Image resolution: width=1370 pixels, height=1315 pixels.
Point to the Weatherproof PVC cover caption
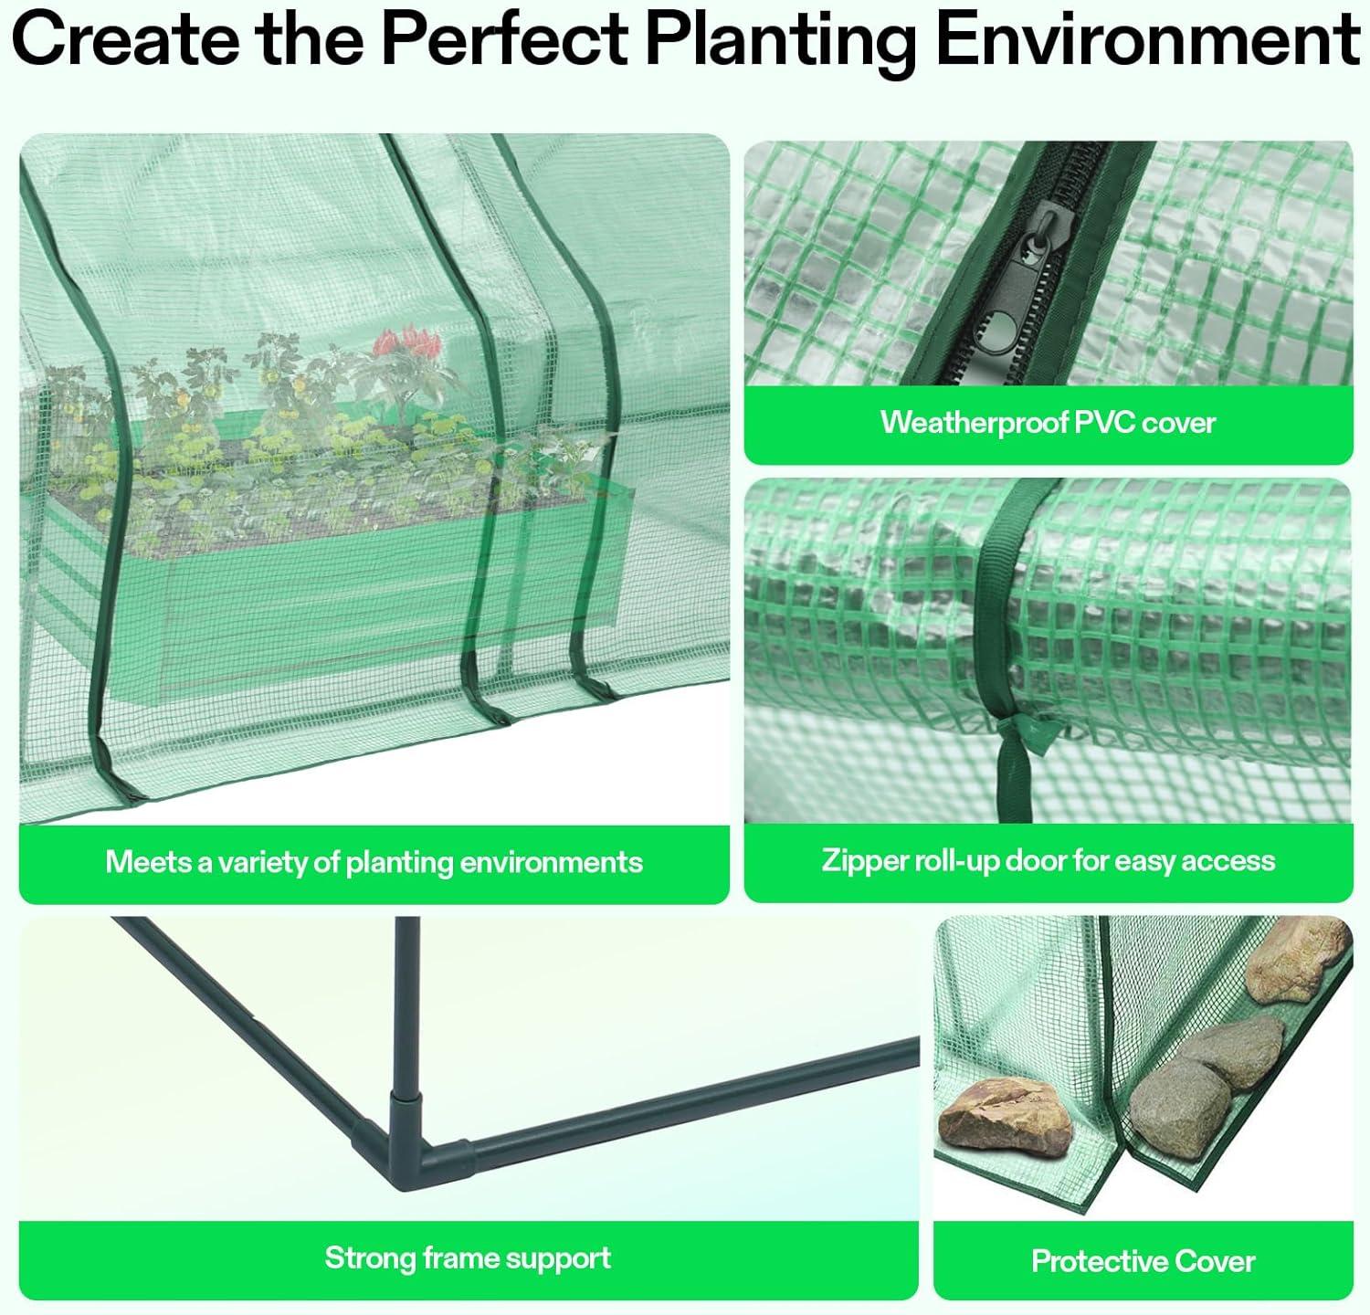1048,423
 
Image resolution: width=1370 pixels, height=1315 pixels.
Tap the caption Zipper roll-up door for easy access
1048,861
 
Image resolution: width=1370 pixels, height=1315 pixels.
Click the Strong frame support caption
468,1258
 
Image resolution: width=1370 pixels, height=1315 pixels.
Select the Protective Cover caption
1143,1262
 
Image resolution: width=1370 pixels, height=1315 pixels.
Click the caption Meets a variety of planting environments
374,862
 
